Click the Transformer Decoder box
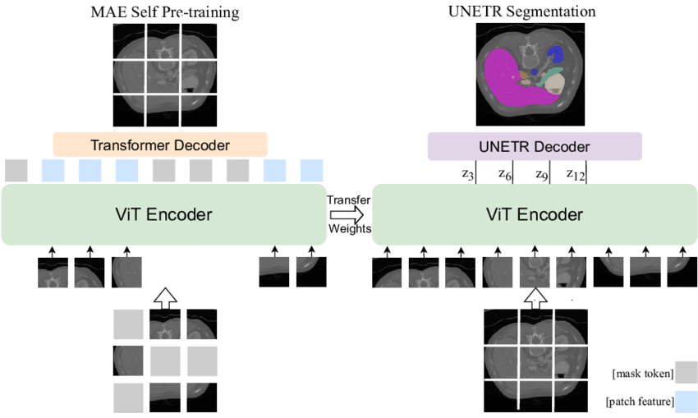tap(160, 145)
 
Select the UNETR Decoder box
tap(535, 146)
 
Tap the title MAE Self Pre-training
tap(165, 12)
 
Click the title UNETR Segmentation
tap(521, 11)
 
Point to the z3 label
tap(468, 174)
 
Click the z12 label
tap(576, 174)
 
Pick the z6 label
tap(505, 174)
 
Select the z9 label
tap(542, 174)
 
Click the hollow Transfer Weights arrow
tap(347, 215)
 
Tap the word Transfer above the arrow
tap(349, 200)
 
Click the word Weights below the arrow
tap(350, 228)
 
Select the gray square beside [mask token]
tap(686, 372)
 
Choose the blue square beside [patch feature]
tap(686, 401)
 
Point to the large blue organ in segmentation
tap(556, 54)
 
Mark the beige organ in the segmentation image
tap(554, 83)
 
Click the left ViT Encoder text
tap(163, 214)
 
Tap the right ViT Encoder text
tap(535, 214)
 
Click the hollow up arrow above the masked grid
tap(165, 298)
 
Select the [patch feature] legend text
tap(640, 402)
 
